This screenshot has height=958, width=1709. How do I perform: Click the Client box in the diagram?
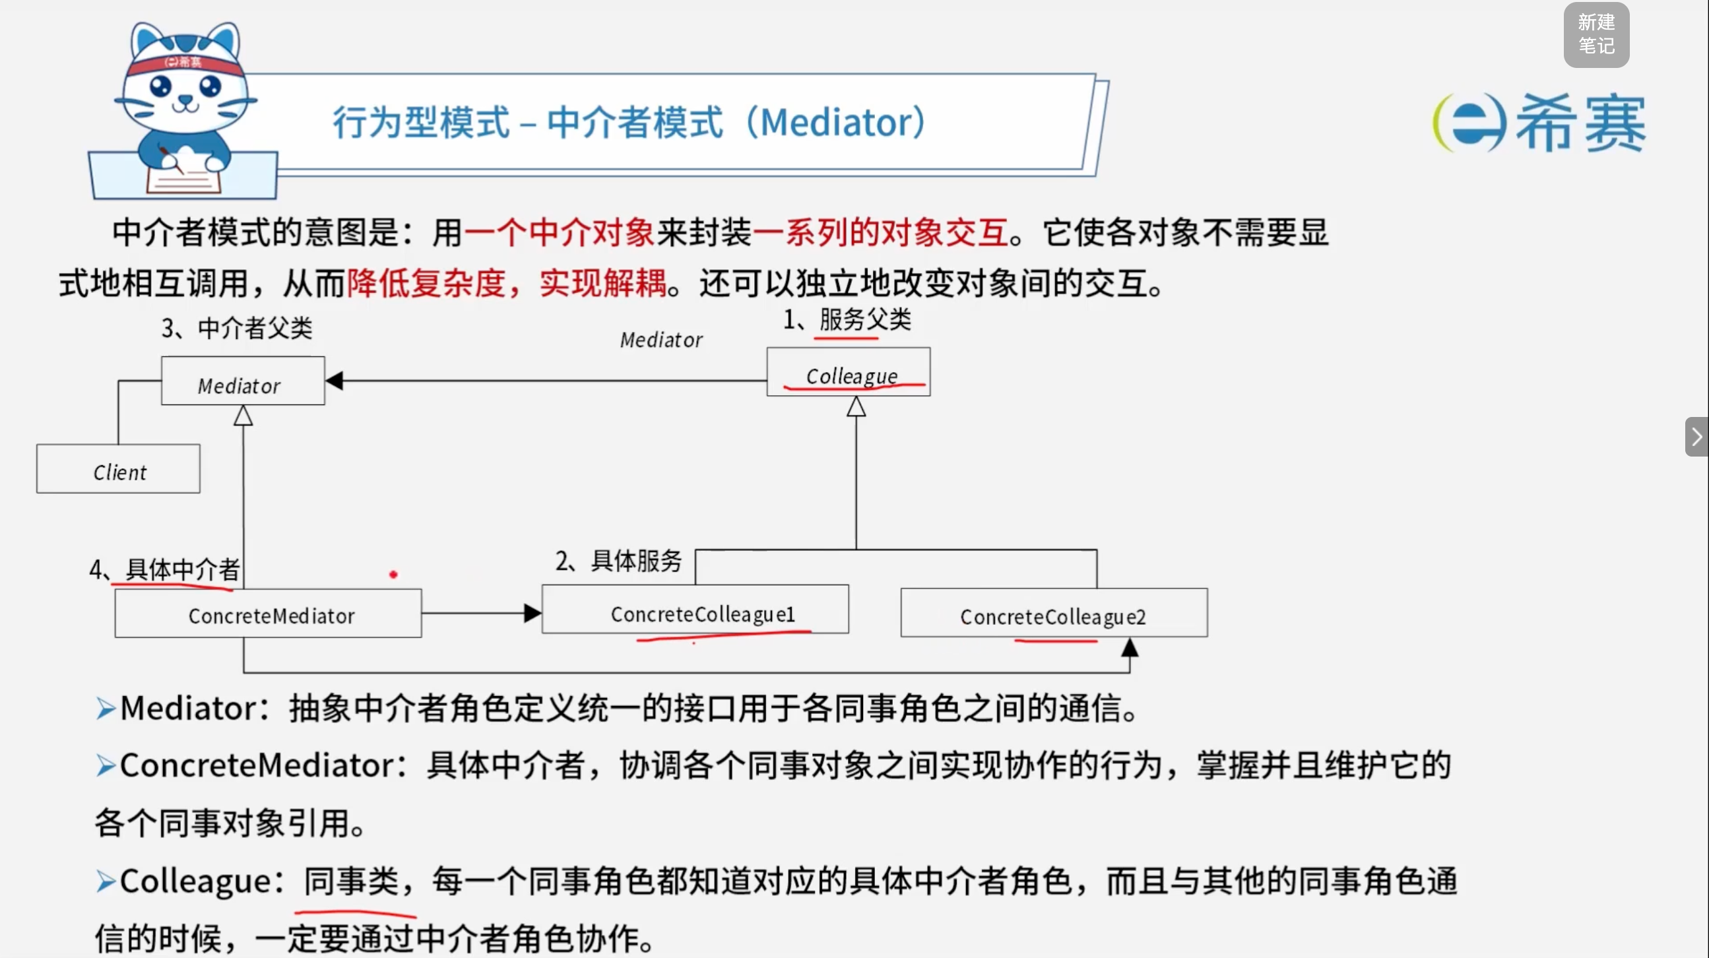[x=118, y=468]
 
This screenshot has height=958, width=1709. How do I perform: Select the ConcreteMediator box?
[x=268, y=613]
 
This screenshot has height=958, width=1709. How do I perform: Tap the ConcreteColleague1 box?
[x=695, y=609]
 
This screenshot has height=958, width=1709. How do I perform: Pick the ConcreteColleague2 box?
[x=1054, y=612]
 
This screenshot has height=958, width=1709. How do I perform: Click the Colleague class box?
[x=849, y=371]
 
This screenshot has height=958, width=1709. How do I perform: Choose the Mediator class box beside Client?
[x=243, y=381]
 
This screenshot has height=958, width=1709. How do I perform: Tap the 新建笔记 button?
[x=1596, y=34]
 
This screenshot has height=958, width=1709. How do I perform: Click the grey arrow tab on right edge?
[x=1696, y=437]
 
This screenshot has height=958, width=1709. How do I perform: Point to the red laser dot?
[x=393, y=575]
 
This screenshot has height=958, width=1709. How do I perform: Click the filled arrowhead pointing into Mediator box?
[x=335, y=381]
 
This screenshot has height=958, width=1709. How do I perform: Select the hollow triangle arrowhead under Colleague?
[x=856, y=406]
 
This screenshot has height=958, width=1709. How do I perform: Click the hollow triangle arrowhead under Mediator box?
[x=243, y=415]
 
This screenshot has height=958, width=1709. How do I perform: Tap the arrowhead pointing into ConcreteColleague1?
[x=532, y=613]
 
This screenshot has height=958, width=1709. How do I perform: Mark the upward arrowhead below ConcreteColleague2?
[x=1130, y=647]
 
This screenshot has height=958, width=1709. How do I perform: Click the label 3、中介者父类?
[x=237, y=328]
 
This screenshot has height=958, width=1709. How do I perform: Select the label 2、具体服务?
[x=618, y=561]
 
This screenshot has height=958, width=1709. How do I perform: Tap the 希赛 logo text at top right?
[x=1580, y=122]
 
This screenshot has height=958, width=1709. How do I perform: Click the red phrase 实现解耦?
[x=602, y=283]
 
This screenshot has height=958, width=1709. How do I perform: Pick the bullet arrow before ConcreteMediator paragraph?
[x=106, y=765]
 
